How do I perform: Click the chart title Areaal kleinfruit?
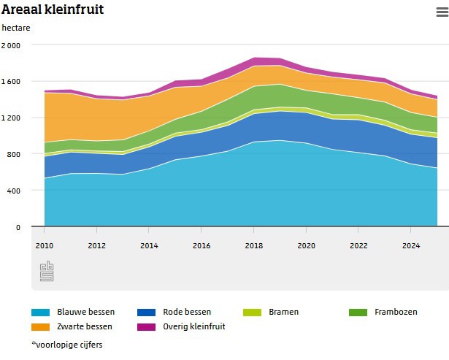point(52,9)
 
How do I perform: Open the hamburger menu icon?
point(441,11)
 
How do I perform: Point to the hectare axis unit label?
point(16,28)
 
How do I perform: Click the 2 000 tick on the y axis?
point(11,45)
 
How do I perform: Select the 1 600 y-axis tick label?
point(11,81)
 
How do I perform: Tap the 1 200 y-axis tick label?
point(11,118)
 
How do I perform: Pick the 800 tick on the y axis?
point(14,154)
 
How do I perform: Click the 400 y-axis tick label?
point(14,191)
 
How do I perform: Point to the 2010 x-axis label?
point(44,245)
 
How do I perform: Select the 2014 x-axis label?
point(149,245)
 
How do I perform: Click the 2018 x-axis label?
point(254,245)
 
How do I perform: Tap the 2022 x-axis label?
point(359,245)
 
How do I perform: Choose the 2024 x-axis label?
point(412,245)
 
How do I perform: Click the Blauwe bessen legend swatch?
point(41,312)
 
